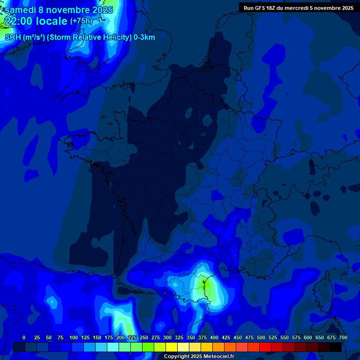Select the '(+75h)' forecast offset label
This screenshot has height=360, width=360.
coord(81,21)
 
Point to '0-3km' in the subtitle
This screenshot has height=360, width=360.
coord(144,37)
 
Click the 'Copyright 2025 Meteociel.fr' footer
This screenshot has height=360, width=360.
coord(199,357)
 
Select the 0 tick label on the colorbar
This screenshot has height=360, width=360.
coord(24,337)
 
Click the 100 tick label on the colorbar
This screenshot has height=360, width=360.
coord(74,337)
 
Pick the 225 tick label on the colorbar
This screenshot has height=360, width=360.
coord(132,337)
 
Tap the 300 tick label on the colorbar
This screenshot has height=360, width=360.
coord(167,337)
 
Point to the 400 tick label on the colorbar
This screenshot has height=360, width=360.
coord(214,337)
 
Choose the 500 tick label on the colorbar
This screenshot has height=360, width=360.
coord(261,337)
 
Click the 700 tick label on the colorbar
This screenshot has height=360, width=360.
coord(343,337)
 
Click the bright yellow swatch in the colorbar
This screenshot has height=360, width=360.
coord(172,347)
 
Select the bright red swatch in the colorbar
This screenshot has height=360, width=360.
coord(265,347)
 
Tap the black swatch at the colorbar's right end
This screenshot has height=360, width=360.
coord(336,347)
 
